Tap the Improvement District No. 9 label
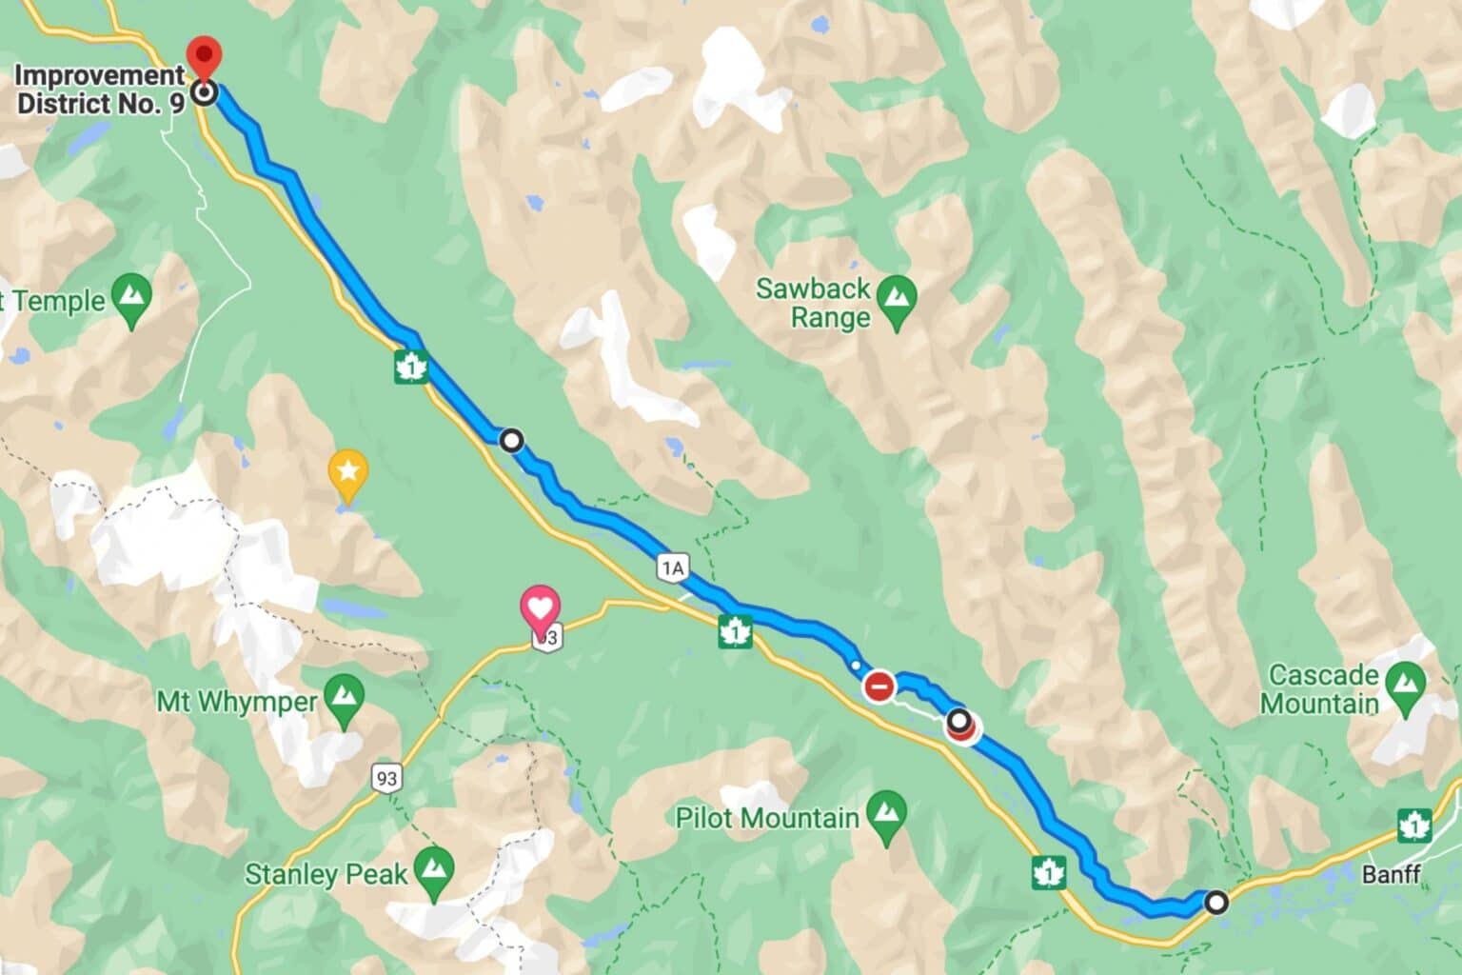101,90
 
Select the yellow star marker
347,470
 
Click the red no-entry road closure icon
879,685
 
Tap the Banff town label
1391,873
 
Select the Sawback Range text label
813,303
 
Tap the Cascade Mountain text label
1323,689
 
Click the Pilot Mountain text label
767,817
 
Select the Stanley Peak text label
326,874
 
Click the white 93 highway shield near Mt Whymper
385,779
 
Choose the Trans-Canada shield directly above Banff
1414,825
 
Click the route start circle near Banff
1216,901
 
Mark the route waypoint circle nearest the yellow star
512,440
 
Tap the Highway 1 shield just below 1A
736,631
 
